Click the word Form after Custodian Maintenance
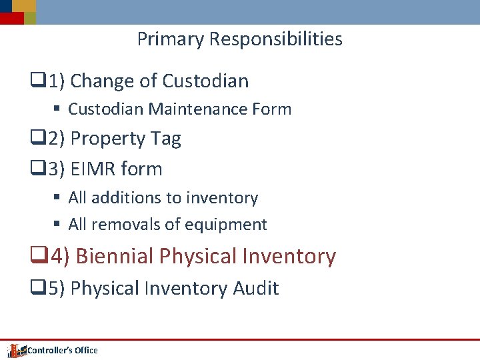(274, 109)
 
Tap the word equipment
(229, 225)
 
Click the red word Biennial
(115, 256)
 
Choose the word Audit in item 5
(255, 289)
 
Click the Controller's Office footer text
(63, 350)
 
